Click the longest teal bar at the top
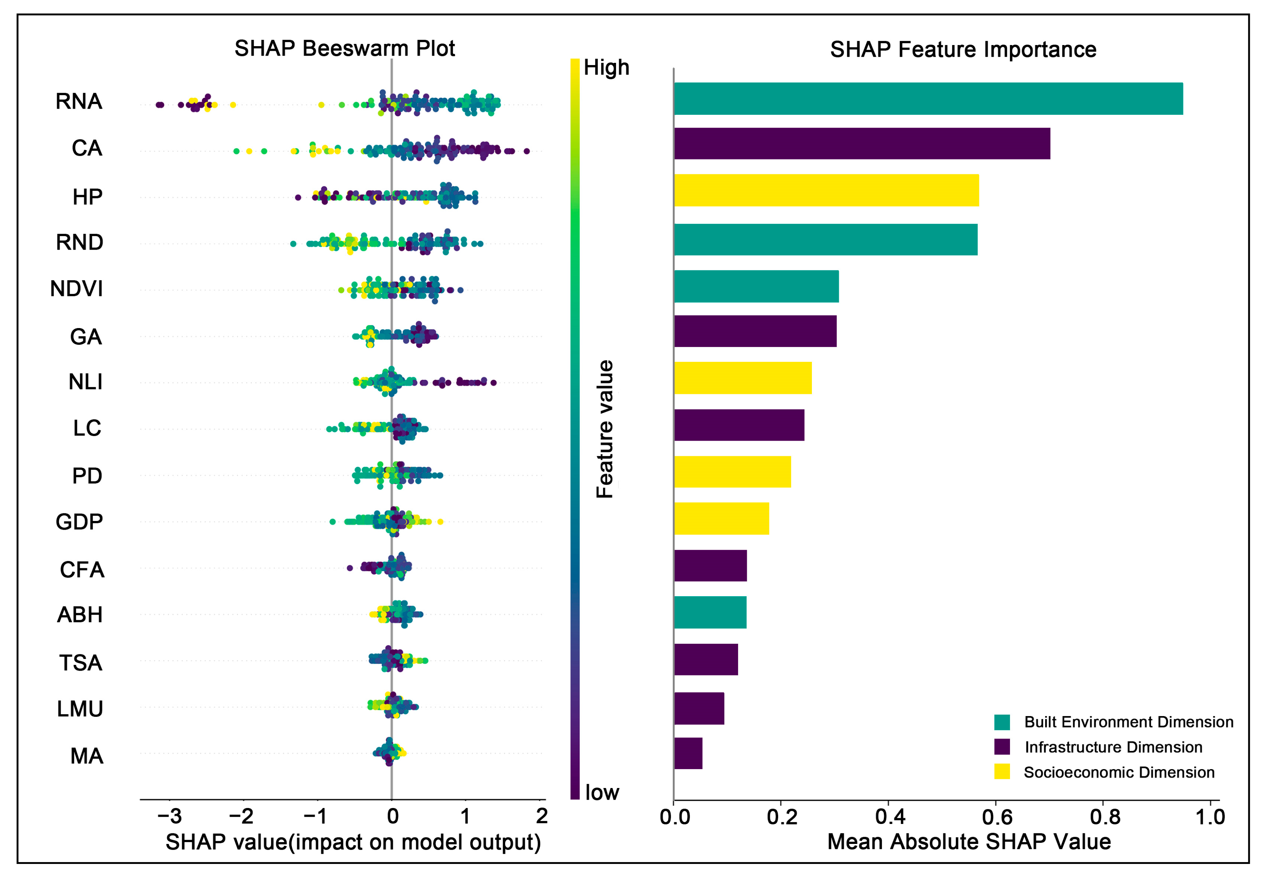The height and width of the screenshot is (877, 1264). (x=928, y=99)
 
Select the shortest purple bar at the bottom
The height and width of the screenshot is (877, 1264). (x=688, y=753)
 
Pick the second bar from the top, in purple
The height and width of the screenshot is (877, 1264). (x=862, y=144)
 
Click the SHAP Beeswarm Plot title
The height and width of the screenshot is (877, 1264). (x=345, y=49)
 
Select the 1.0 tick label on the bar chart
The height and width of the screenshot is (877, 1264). (x=1210, y=817)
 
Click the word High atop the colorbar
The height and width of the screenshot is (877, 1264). (x=606, y=68)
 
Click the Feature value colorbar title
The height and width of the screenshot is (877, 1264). (x=604, y=429)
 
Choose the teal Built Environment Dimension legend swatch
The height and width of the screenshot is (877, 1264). (x=1002, y=722)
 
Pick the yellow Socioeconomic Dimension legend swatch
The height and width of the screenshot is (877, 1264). (x=1002, y=772)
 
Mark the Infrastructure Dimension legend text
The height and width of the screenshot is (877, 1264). (x=1114, y=747)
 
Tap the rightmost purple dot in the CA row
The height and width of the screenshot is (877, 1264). (x=527, y=151)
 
